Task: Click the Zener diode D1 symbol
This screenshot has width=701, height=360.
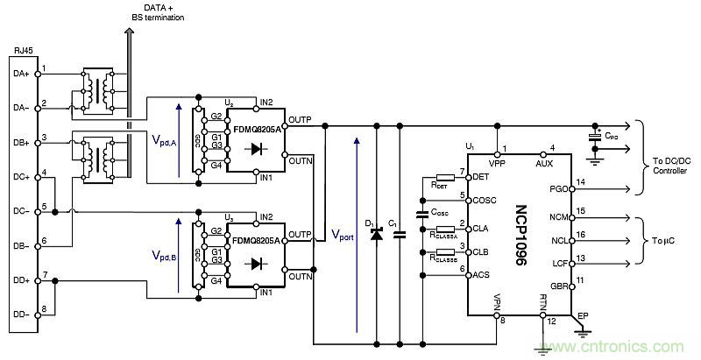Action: click(377, 234)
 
